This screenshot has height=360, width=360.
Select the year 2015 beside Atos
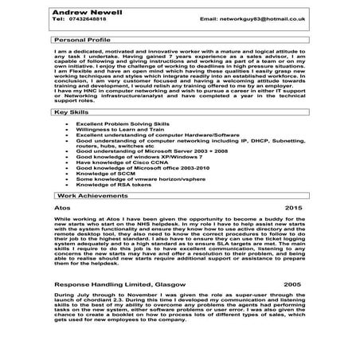[x=294, y=208]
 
